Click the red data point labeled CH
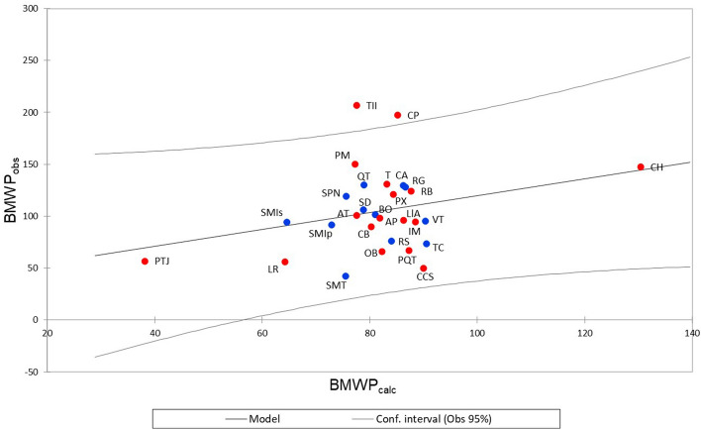641,167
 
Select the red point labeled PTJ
145,262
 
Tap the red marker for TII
356,106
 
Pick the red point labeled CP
398,115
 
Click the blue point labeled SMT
346,276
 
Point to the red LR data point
285,262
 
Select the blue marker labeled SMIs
287,222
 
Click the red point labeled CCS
424,269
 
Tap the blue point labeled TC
427,244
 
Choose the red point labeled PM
354,164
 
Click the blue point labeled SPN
347,196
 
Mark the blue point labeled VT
426,221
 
